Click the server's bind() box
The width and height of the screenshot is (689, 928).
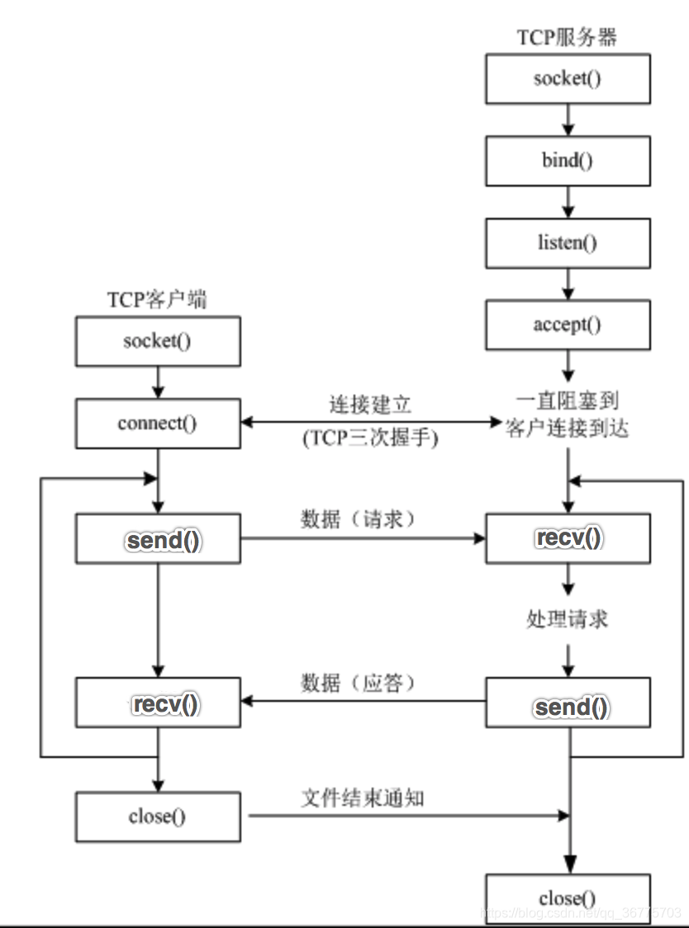[x=568, y=160]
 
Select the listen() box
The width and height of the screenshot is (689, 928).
[x=568, y=243]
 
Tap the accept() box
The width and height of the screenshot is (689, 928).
[x=568, y=324]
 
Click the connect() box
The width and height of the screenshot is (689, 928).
[x=158, y=424]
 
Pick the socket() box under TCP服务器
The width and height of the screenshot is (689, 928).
[x=568, y=79]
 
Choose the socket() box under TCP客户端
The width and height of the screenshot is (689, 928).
[x=158, y=341]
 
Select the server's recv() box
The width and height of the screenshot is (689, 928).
[x=568, y=539]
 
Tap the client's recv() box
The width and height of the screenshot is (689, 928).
[x=158, y=703]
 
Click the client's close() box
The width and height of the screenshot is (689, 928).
[x=158, y=817]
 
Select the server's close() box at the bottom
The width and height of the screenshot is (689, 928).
[x=568, y=898]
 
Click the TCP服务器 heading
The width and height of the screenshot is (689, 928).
[x=568, y=37]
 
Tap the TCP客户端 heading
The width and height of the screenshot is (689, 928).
[x=157, y=299]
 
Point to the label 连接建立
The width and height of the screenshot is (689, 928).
[x=370, y=405]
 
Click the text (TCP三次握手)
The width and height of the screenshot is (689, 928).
[x=370, y=438]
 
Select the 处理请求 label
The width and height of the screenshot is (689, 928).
[x=568, y=618]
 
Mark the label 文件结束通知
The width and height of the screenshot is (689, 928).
[x=364, y=798]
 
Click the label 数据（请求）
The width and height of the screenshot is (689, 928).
[x=358, y=520]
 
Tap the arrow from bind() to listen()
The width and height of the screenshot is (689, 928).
[x=568, y=201]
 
